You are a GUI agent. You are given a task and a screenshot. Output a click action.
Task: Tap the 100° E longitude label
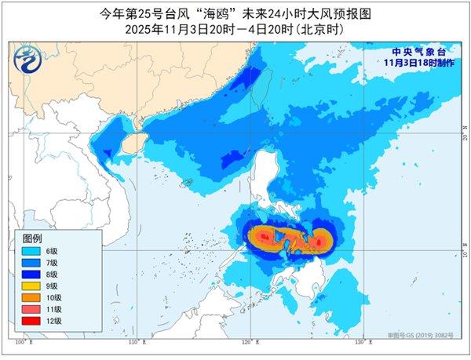[x=24, y=344]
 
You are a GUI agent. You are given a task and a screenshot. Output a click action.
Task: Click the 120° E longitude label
[x=250, y=344]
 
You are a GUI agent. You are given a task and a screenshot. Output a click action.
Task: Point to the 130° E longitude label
[x=360, y=344]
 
